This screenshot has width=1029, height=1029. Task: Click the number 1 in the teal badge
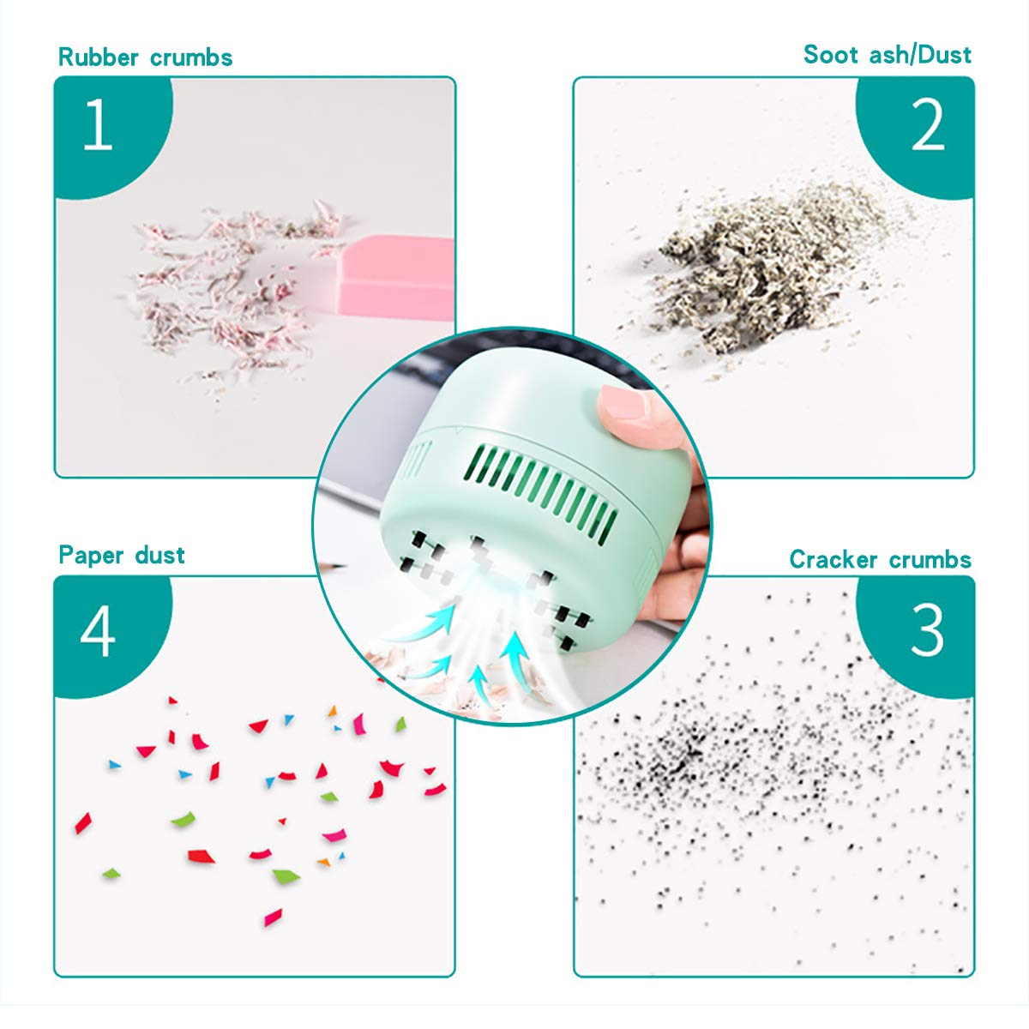98,125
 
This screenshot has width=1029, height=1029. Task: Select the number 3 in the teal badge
927,630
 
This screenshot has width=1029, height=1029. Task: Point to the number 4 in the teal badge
98,632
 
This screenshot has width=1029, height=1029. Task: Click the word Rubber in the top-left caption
99,57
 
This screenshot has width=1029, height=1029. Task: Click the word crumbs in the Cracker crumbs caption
930,560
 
